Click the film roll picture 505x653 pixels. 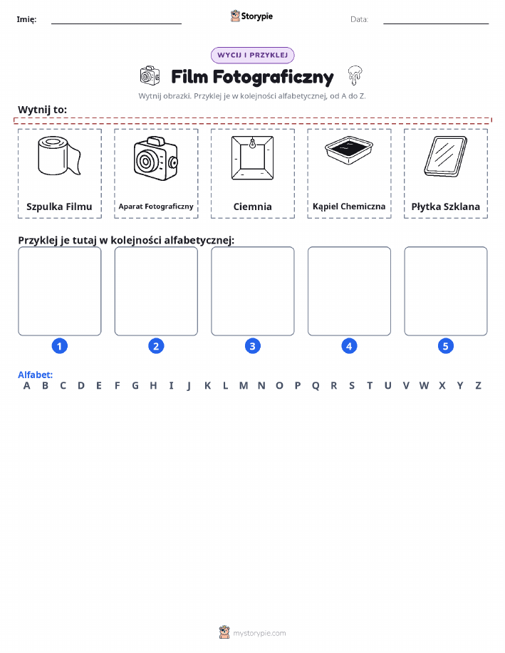[x=59, y=155]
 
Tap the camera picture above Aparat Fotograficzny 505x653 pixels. [x=156, y=158]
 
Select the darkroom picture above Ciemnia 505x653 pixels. [x=252, y=158]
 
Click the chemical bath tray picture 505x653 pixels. [x=349, y=151]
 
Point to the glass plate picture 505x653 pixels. [x=445, y=157]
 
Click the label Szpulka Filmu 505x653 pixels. [x=59, y=207]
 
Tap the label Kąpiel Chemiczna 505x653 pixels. [x=349, y=207]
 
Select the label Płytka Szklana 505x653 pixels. [x=446, y=207]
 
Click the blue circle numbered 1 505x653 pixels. [x=60, y=346]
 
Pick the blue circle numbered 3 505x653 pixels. [x=252, y=346]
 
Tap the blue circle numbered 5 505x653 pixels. [x=445, y=346]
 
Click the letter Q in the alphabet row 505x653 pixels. [x=316, y=386]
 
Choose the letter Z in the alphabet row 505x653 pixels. [x=479, y=386]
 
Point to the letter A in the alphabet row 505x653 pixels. [x=26, y=386]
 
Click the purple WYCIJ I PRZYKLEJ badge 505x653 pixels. [x=252, y=55]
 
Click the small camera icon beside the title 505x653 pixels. [x=150, y=75]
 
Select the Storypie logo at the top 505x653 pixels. [x=251, y=16]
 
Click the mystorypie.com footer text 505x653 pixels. [x=259, y=633]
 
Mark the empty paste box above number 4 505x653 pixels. [x=349, y=291]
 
